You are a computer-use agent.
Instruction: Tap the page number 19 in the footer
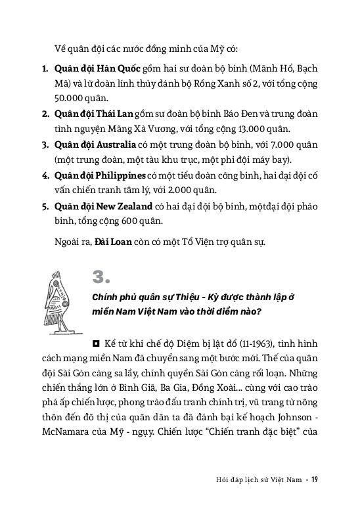315,478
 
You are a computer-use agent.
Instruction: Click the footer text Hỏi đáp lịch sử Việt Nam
260,478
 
